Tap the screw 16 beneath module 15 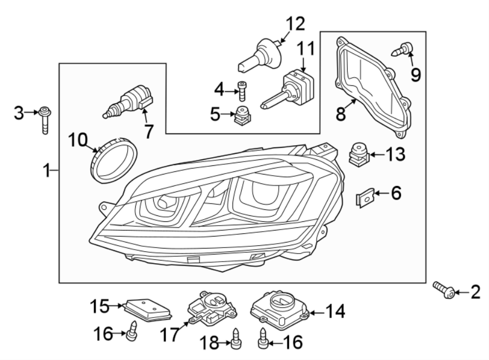coord(131,332)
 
